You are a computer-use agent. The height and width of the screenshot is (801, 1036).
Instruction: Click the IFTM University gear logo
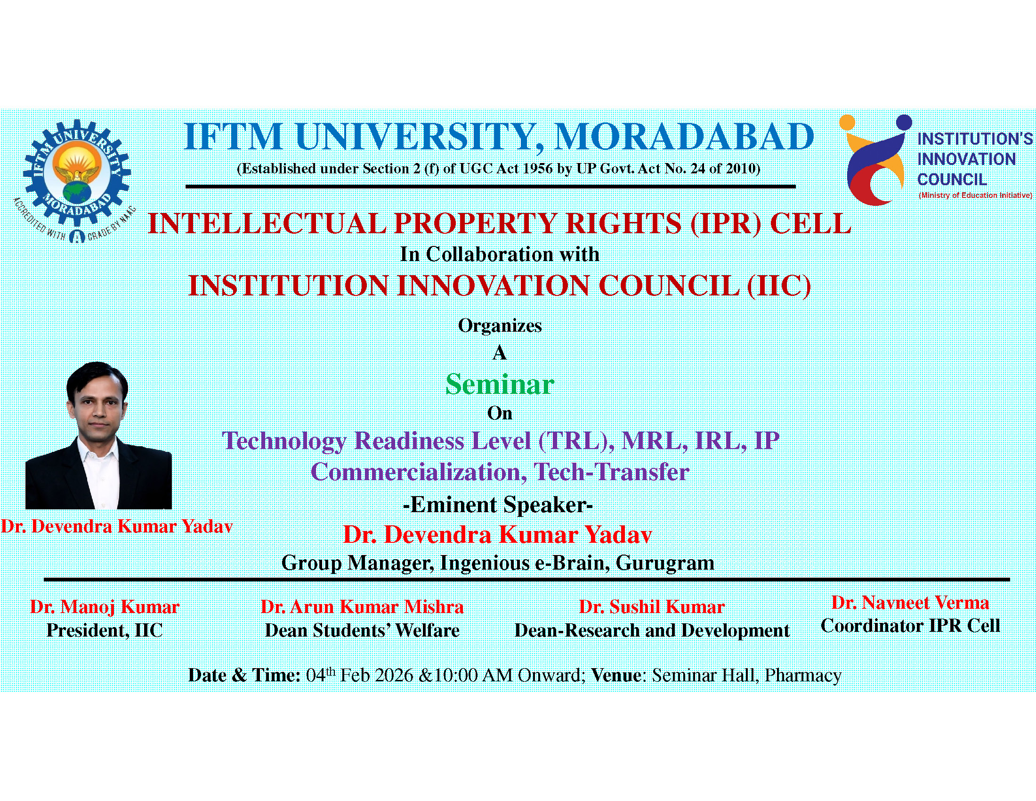[x=75, y=181]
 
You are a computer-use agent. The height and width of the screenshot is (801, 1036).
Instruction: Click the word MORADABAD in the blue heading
[x=684, y=137]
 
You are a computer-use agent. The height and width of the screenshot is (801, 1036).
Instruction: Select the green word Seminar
[x=500, y=384]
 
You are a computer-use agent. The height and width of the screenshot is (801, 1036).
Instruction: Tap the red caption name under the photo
[x=117, y=526]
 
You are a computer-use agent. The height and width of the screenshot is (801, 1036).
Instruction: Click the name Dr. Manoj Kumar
[x=105, y=607]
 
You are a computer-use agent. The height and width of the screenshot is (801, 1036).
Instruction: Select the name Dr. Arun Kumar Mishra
[x=362, y=607]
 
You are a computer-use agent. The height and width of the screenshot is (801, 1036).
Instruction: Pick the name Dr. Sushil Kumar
[x=652, y=607]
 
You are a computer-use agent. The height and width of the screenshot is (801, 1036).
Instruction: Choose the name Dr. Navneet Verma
[x=910, y=603]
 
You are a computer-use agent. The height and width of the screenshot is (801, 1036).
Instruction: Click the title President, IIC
[x=105, y=630]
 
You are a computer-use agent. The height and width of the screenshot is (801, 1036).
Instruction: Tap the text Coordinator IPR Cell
[x=910, y=626]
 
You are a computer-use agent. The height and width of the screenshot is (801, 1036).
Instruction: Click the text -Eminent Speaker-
[x=498, y=505]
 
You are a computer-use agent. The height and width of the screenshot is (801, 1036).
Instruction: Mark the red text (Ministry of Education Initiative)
[x=975, y=195]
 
